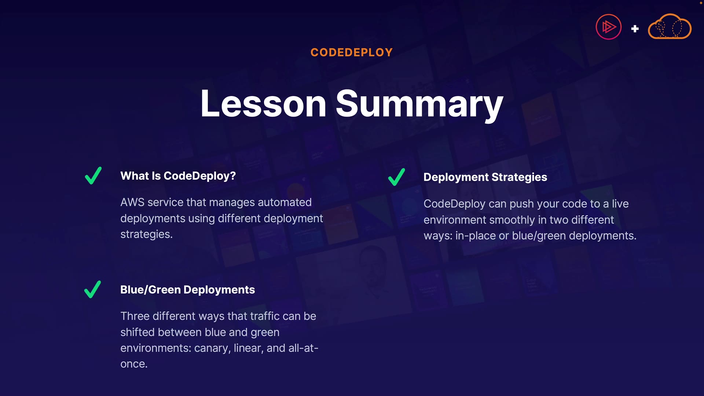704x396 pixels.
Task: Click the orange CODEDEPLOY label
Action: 352,52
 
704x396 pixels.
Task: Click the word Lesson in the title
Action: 263,104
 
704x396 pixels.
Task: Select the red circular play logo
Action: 609,27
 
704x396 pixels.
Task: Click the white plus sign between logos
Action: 635,29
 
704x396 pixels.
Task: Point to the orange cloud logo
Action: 670,26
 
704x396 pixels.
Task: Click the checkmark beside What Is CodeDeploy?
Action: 93,176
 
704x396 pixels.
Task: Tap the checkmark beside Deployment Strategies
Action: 396,177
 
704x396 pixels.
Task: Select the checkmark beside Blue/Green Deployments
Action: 92,289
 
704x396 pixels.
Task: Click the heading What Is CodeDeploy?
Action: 178,176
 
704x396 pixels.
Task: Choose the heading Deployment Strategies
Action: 485,177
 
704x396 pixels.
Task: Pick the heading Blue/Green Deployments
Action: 187,290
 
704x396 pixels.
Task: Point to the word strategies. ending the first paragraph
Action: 146,234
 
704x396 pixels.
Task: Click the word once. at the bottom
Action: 134,364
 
